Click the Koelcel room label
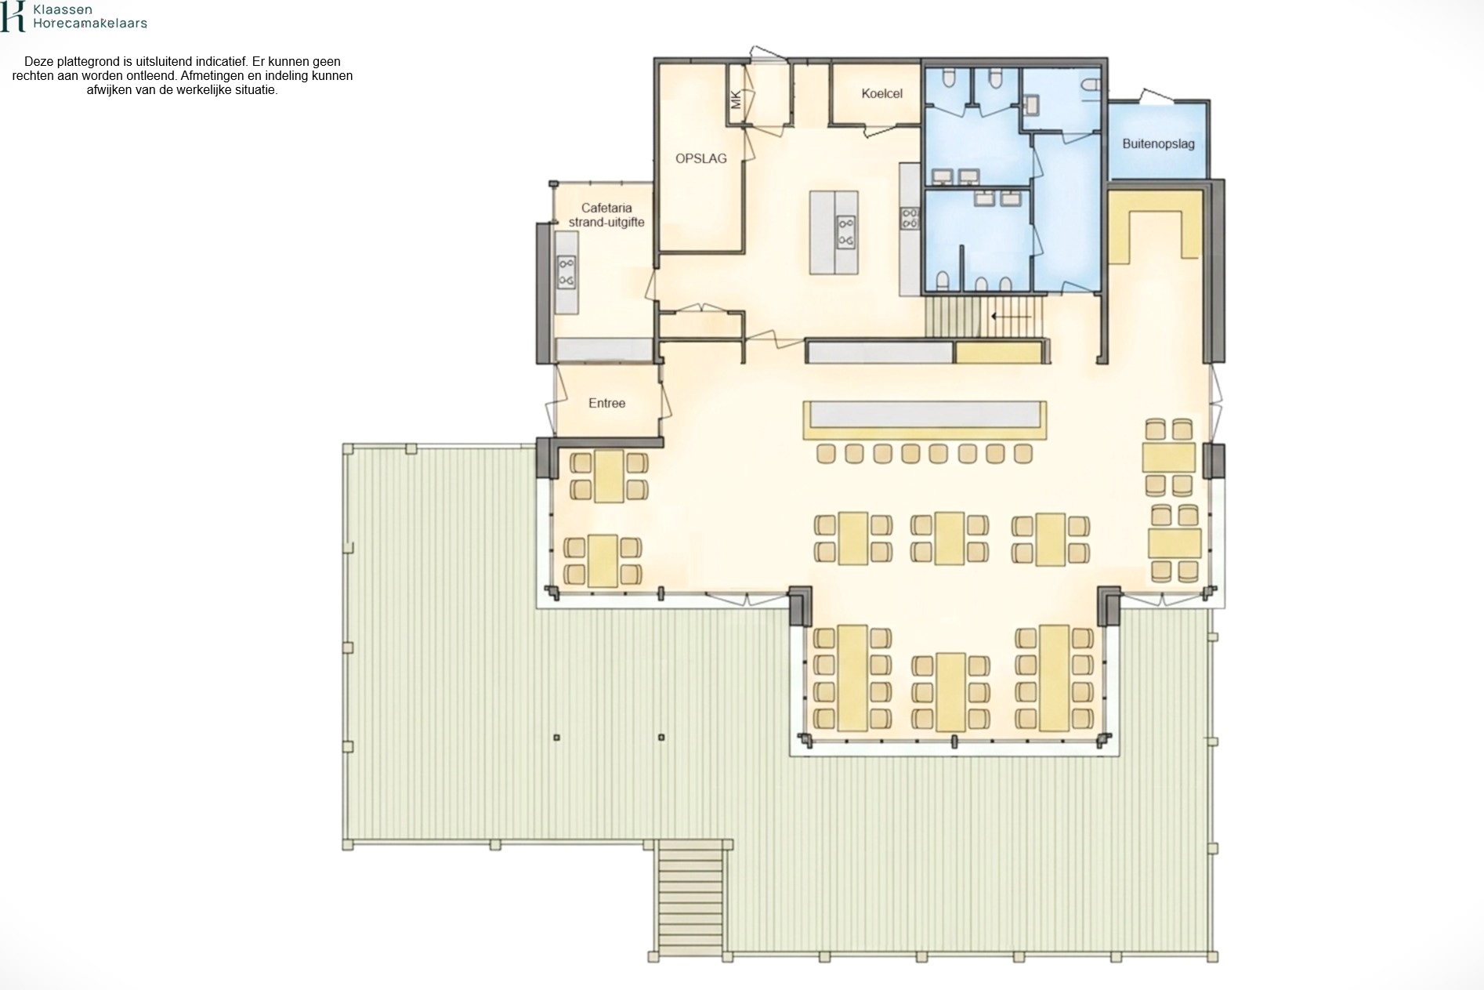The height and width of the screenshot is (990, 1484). point(881,93)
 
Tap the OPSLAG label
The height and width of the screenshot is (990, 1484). point(701,158)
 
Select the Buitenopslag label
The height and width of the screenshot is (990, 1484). point(1158,143)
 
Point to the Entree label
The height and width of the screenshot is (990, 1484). point(606,403)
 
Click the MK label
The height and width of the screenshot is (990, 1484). point(735,100)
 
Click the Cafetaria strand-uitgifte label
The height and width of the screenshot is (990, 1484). point(606,215)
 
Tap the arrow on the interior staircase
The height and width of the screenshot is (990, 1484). point(1011,317)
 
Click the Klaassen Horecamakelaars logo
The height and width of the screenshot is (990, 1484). point(74,16)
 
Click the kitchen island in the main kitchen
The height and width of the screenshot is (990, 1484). point(834,232)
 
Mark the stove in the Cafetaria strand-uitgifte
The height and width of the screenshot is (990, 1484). point(566,273)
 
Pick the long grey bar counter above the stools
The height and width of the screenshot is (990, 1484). point(925,414)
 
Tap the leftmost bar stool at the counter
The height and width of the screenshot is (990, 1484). point(826,453)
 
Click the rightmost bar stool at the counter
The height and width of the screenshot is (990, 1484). point(1023,453)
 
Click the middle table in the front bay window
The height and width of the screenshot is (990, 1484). point(950,692)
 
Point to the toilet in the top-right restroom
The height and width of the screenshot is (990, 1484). point(1089,83)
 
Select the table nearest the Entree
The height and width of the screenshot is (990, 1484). point(609,476)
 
